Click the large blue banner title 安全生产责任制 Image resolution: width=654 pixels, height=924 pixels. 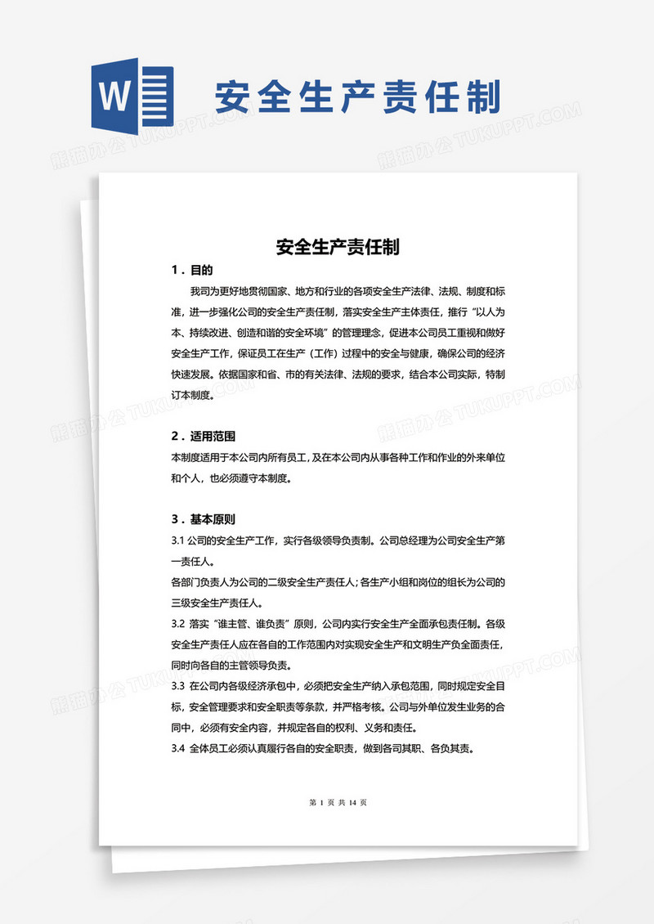click(357, 97)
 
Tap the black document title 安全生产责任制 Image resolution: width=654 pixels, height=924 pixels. click(338, 246)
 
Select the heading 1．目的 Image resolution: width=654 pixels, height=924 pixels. click(192, 270)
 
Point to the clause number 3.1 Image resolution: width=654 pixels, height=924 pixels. click(178, 540)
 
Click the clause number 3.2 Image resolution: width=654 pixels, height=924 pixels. click(178, 622)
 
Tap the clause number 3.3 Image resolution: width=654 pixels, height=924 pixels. click(178, 684)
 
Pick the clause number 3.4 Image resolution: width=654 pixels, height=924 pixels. click(178, 747)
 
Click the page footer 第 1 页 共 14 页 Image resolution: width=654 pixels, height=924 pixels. click(338, 802)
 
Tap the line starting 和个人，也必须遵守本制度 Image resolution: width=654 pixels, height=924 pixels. click(231, 478)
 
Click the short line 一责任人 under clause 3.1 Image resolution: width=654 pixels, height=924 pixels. click(193, 561)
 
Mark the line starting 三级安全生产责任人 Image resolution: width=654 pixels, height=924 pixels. click(221, 603)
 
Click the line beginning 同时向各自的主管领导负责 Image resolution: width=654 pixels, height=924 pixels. click(237, 664)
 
